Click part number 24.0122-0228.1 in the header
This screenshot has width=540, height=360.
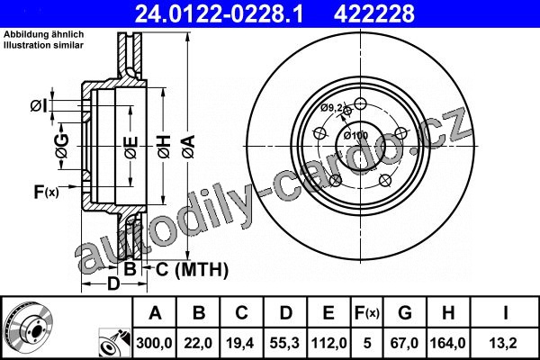(x=219, y=13)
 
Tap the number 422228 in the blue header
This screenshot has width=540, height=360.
(x=374, y=13)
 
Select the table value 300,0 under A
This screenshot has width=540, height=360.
(x=154, y=343)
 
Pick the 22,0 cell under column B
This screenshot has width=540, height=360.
(x=198, y=343)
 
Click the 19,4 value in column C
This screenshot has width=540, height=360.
(x=240, y=343)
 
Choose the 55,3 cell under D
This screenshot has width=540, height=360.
(x=284, y=343)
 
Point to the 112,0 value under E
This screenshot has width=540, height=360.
(x=328, y=343)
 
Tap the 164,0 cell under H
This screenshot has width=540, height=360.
(x=447, y=343)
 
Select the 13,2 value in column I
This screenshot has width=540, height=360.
(x=505, y=343)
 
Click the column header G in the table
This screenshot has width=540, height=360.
(x=405, y=313)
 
